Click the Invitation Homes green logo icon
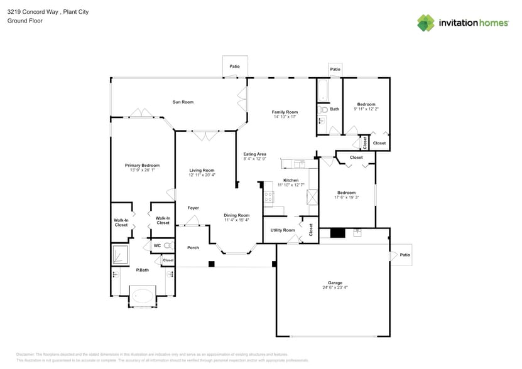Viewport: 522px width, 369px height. click(x=426, y=23)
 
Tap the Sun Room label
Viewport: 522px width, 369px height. click(x=183, y=102)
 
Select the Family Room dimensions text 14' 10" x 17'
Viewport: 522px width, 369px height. click(x=284, y=117)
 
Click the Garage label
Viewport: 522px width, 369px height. click(x=335, y=283)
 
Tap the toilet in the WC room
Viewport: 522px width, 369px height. click(x=168, y=245)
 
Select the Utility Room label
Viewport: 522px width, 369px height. click(x=282, y=230)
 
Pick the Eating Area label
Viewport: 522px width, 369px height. click(x=255, y=154)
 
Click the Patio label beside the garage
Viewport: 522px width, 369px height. click(x=405, y=255)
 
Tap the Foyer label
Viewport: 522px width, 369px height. click(x=193, y=208)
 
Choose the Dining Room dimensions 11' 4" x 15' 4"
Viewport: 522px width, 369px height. click(x=236, y=220)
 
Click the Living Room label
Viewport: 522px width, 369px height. click(x=202, y=170)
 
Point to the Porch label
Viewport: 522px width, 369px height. click(x=193, y=247)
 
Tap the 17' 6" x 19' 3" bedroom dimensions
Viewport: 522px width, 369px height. click(x=346, y=198)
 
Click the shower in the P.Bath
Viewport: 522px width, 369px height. click(x=120, y=254)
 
